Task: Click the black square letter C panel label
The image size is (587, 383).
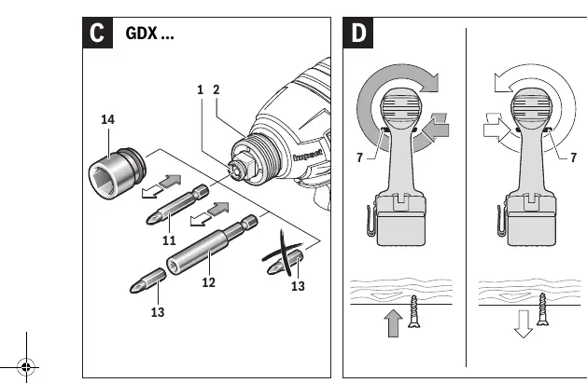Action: coord(97,33)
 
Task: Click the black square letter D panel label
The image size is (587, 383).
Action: coord(357,33)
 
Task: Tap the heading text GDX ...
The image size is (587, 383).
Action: coord(142,34)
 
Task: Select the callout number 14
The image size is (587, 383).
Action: coord(108,119)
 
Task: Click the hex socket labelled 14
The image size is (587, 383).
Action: coord(117,173)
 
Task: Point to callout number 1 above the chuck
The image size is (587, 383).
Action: coord(201,89)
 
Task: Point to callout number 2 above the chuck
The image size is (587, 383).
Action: coord(216,89)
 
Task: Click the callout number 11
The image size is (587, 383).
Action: coord(169,240)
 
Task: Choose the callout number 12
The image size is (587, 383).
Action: coord(208,282)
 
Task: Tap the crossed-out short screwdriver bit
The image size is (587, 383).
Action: coord(285,262)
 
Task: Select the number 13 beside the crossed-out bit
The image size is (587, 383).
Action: coord(298,286)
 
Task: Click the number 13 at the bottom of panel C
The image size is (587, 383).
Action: coord(158,312)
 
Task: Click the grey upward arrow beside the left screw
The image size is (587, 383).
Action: coord(393,322)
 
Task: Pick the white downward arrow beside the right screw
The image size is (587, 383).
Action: coord(524,323)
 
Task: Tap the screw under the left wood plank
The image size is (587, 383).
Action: coord(413,311)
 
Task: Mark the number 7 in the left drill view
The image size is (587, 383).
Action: coord(360,157)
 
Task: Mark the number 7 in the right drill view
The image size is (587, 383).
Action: coord(574,157)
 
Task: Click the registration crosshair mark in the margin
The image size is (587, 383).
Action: coord(26,367)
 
